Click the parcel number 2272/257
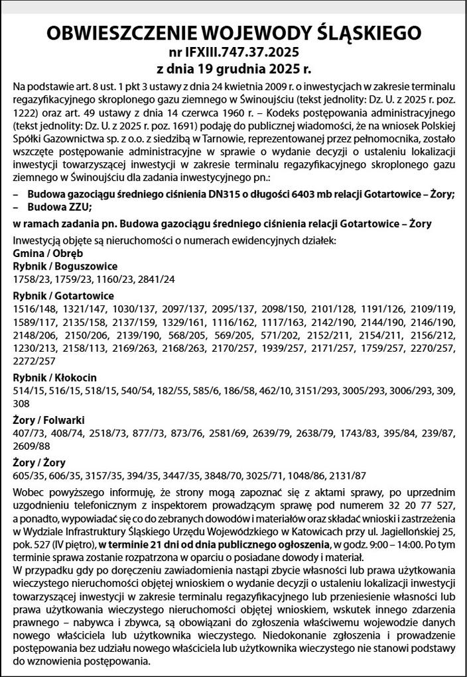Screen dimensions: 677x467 [34, 362]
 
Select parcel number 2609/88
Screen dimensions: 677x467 [31, 445]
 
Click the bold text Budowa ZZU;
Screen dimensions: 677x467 [60, 207]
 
